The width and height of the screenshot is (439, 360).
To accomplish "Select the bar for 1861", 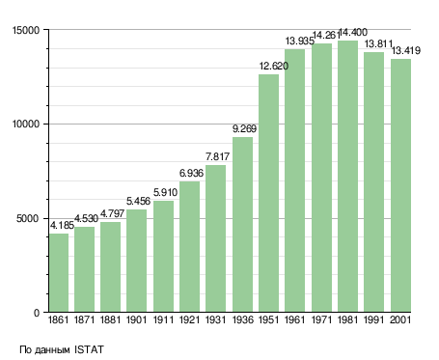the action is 59,273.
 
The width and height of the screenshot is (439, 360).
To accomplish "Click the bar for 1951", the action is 268,193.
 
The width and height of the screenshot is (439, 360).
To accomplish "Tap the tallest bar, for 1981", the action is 347,177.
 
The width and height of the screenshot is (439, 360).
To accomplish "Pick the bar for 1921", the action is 189,247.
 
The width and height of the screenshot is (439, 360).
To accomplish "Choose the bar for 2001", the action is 400,185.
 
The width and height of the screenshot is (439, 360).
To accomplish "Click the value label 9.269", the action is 244,129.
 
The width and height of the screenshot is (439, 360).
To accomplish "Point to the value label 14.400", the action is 353,33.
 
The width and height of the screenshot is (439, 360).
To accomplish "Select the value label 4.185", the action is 62,225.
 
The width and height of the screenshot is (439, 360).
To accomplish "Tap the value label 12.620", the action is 274,67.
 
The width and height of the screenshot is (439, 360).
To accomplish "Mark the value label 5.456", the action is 138,202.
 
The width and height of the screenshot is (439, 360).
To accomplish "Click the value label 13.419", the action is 406,51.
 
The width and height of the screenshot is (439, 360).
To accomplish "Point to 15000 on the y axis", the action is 26,30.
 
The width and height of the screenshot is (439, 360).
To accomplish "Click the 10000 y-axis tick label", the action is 26,124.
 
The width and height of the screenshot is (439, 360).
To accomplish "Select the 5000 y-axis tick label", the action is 28,219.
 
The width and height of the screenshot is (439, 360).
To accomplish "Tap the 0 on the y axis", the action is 37,313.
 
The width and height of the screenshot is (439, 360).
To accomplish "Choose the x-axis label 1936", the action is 242,320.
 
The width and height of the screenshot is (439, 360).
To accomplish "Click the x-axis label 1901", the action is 136,320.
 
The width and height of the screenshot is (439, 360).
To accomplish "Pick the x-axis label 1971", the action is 321,320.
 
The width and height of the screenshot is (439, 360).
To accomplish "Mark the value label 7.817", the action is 217,156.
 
